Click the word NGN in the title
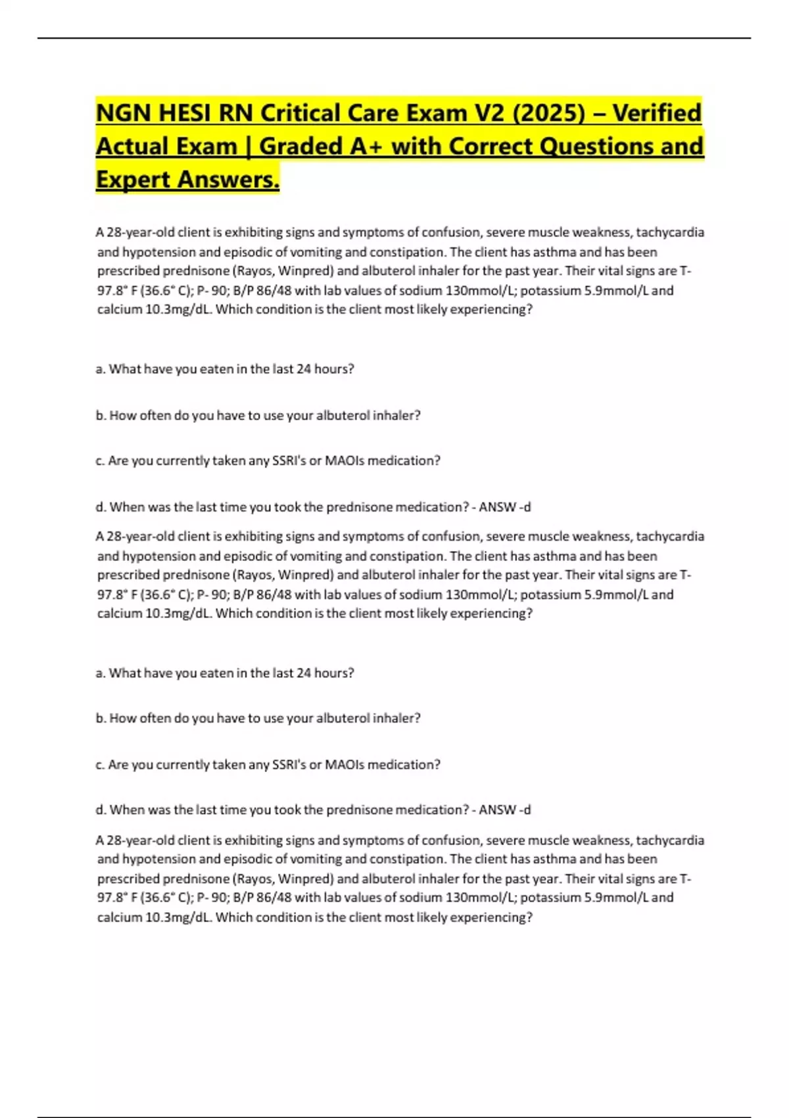pyautogui.click(x=124, y=113)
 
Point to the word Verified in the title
pyautogui.click(x=657, y=113)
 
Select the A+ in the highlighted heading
pyautogui.click(x=368, y=146)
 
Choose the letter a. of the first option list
pyautogui.click(x=101, y=369)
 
